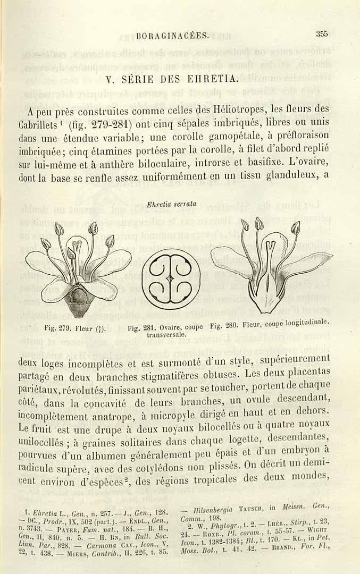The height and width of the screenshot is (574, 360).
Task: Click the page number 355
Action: click(x=322, y=34)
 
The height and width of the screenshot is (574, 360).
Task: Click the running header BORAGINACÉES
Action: click(x=172, y=36)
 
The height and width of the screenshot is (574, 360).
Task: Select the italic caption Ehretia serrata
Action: click(x=171, y=204)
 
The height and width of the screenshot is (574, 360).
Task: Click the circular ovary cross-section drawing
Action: click(x=171, y=278)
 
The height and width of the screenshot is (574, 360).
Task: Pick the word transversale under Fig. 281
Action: click(x=166, y=335)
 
